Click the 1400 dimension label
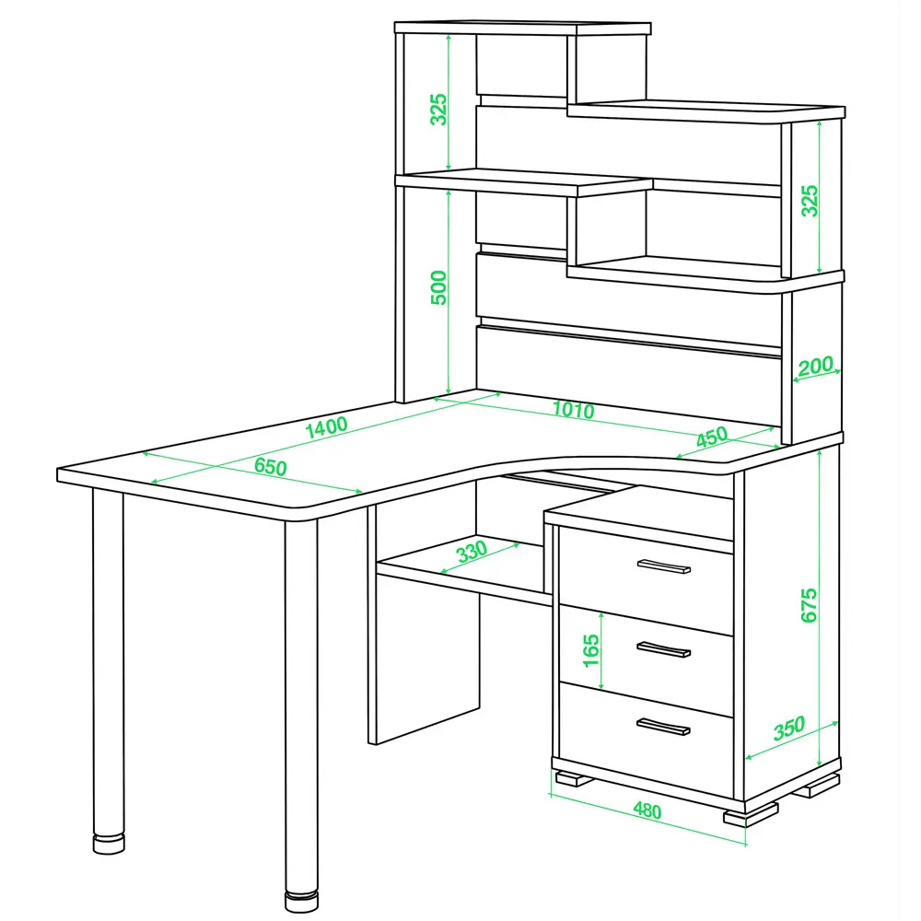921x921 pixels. click(327, 427)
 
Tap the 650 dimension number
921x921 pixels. click(271, 467)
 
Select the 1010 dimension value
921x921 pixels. click(573, 410)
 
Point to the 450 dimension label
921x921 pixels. click(712, 437)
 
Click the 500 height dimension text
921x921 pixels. click(438, 287)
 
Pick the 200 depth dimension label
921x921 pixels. click(816, 366)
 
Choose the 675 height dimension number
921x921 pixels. click(809, 605)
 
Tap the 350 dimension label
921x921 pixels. click(789, 729)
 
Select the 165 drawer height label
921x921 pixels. click(591, 651)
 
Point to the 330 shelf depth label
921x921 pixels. click(472, 552)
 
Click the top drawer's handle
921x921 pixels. click(664, 566)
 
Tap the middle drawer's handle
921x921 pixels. click(664, 649)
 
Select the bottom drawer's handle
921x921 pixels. click(663, 727)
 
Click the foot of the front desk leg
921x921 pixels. click(302, 902)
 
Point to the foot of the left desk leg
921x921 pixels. click(109, 844)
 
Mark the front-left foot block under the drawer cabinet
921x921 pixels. click(574, 779)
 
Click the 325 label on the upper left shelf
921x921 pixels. click(438, 109)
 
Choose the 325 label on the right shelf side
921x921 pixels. click(810, 201)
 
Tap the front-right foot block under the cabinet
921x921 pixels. click(751, 815)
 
